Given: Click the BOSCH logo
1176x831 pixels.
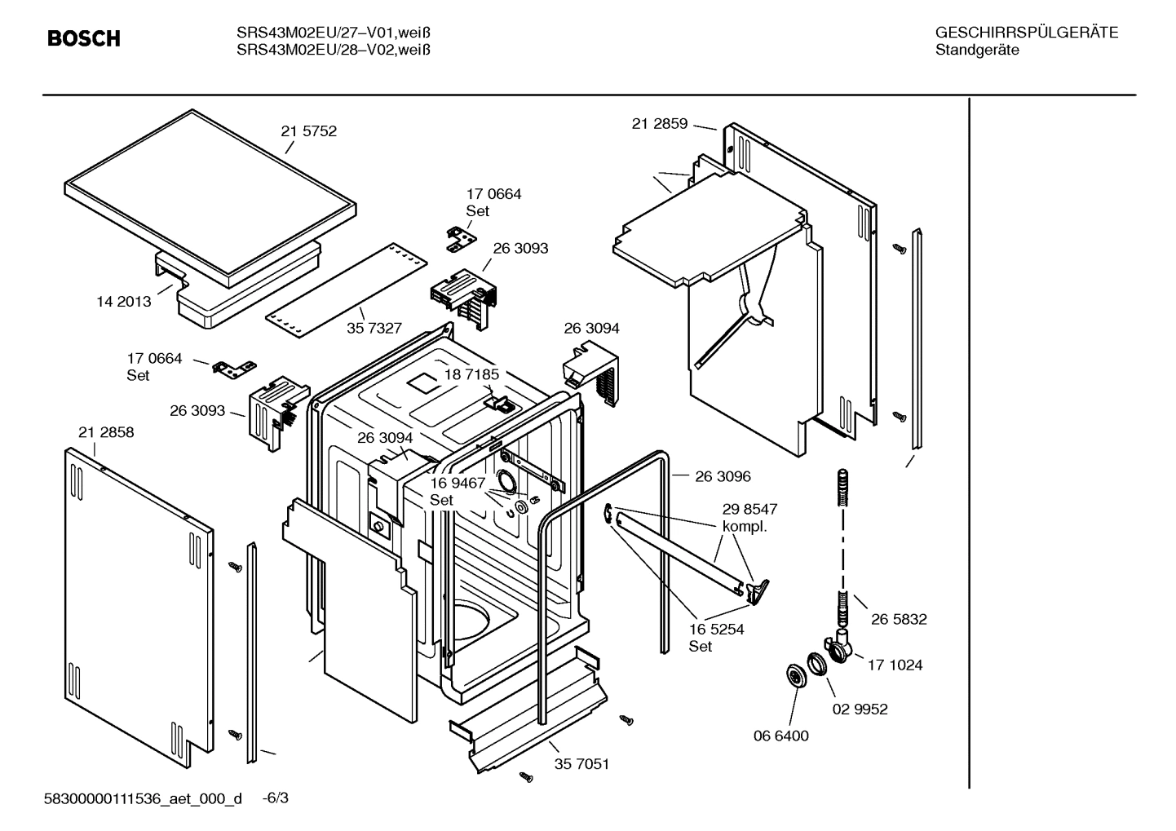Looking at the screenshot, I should (x=83, y=38).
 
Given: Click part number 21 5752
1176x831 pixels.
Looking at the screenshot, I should (x=308, y=131).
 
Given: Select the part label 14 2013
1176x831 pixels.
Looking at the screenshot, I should (x=124, y=302).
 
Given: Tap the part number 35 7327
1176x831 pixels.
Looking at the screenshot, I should (x=374, y=328).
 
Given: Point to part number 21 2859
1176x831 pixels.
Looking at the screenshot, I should (x=659, y=124).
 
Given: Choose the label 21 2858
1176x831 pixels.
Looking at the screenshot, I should (x=106, y=432).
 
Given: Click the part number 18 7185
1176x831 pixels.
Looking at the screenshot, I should (x=471, y=374).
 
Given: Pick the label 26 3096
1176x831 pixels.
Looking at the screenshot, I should (x=723, y=476).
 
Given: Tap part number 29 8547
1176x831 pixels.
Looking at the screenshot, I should (x=749, y=509).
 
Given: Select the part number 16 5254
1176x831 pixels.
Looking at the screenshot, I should (x=716, y=630).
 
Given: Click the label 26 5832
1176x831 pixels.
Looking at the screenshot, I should (x=899, y=620).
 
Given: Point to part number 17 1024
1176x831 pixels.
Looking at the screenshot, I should (x=895, y=665).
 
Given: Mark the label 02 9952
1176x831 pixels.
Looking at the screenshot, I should (x=860, y=709).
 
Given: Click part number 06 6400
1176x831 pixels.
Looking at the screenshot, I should (x=780, y=736).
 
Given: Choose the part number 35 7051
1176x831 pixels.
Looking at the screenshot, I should (x=581, y=764).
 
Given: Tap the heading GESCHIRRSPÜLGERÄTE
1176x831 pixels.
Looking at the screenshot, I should (x=1026, y=33).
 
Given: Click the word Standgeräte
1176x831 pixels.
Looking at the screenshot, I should (x=976, y=51).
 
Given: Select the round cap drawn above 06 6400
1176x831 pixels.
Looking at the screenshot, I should (x=793, y=676).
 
